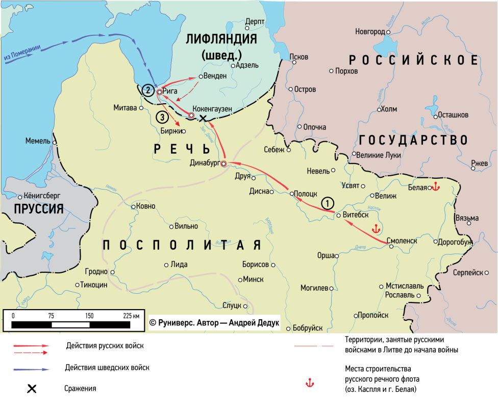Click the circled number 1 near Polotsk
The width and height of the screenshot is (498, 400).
(327, 203)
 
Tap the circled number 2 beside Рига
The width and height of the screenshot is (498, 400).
(147, 90)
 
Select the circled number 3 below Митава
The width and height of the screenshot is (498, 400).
(161, 118)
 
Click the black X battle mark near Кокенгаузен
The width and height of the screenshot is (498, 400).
(203, 119)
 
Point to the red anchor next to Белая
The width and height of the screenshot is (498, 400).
(435, 187)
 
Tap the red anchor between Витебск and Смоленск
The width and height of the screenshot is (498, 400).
(377, 229)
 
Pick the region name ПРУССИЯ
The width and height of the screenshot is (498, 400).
(39, 208)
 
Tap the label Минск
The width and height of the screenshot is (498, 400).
(254, 279)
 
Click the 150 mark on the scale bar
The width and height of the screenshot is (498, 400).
(89, 316)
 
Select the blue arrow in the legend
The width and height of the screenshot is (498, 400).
(31, 369)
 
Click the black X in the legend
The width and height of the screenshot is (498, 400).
(31, 389)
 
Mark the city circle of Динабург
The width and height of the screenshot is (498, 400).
(223, 163)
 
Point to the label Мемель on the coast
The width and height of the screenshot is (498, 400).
(37, 141)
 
